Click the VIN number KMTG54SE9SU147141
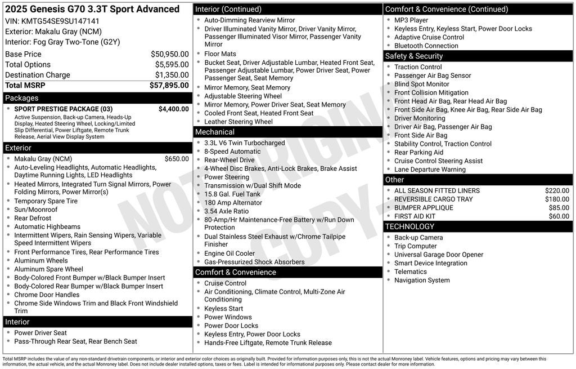(x=60, y=21)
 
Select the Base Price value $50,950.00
(x=169, y=54)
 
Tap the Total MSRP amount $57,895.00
(x=169, y=85)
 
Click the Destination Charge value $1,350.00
(x=172, y=75)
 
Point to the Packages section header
(x=22, y=98)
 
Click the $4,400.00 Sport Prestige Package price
(x=173, y=109)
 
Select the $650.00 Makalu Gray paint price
(x=177, y=159)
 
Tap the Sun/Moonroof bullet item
(x=35, y=210)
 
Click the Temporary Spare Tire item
(x=46, y=201)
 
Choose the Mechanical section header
(x=215, y=132)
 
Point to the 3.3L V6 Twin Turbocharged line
(x=244, y=143)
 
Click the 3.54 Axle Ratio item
(x=226, y=211)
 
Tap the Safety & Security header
(x=414, y=56)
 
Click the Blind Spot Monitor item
(x=421, y=84)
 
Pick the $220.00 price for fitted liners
(x=557, y=190)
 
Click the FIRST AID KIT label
(x=415, y=216)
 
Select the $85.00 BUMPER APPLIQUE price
(x=559, y=208)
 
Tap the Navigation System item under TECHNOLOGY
(x=422, y=280)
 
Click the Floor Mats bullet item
(x=220, y=54)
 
